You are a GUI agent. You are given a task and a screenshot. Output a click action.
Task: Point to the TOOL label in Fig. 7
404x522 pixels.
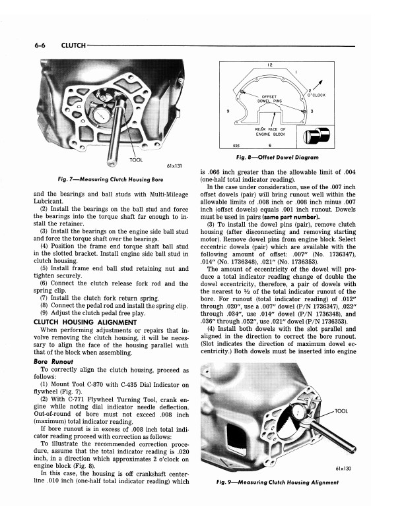pos(136,160)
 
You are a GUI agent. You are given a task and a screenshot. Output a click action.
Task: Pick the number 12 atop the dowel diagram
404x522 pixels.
pos(271,65)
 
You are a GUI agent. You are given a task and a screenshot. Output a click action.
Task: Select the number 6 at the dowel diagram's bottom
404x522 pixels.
pos(271,146)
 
